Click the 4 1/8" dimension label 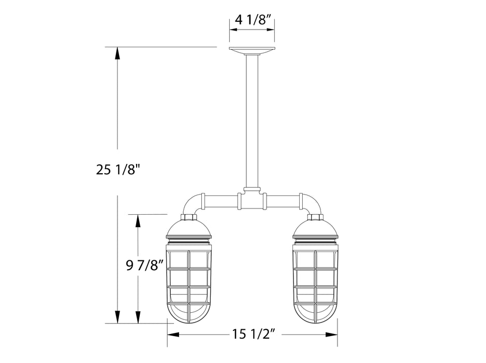(x=252, y=20)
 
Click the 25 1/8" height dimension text (x=119, y=170)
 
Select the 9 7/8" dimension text (x=145, y=266)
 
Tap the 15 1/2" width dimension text (x=252, y=335)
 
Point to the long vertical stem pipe (x=252, y=119)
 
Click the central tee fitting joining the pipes (x=252, y=199)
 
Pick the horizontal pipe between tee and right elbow (x=283, y=199)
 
